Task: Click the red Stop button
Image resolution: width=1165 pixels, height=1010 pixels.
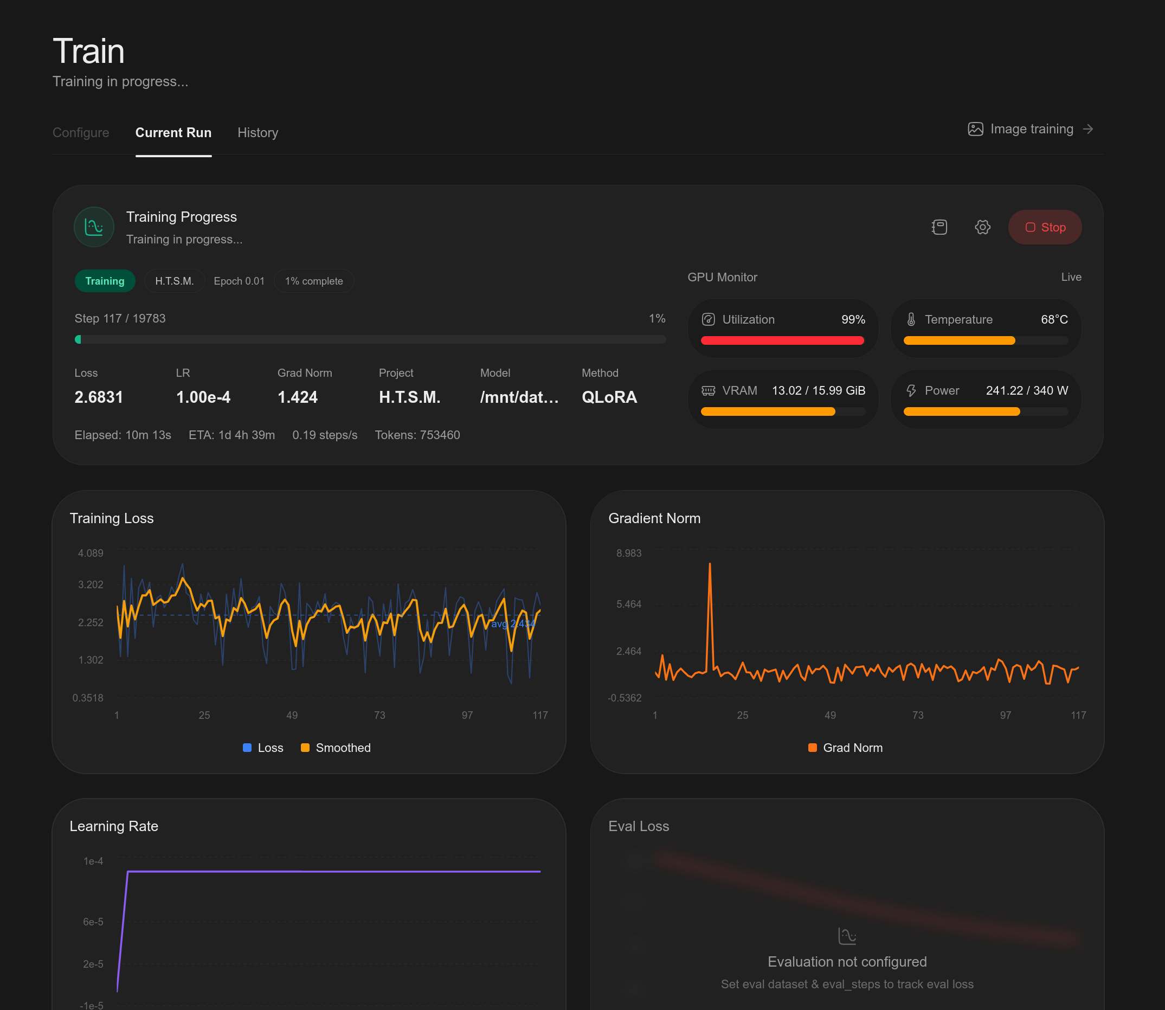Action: point(1045,227)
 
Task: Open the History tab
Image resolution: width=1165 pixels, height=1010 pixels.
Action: point(258,132)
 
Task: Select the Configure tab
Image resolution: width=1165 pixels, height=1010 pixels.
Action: point(81,132)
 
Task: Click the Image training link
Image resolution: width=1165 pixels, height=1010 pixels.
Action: point(1031,129)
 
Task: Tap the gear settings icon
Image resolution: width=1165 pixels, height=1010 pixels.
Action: point(982,227)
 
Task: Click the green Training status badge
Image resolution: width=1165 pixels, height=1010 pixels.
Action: point(105,281)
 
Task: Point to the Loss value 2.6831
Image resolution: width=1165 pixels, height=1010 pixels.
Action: point(99,397)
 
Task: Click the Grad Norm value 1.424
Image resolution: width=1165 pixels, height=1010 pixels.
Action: point(298,397)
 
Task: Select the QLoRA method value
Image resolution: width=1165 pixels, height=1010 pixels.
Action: point(609,397)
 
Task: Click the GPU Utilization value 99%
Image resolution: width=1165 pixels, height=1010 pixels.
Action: point(853,319)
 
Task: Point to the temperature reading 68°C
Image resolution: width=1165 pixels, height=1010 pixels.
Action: point(1054,319)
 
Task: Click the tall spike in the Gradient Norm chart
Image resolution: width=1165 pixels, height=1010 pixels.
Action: point(710,564)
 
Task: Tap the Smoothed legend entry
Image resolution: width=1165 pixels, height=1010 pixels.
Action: point(336,748)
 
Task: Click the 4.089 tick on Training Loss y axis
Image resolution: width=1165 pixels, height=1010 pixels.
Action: point(91,553)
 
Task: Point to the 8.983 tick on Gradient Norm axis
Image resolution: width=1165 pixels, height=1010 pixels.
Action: point(629,553)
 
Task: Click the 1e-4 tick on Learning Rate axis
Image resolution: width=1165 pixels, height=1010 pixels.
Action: point(93,861)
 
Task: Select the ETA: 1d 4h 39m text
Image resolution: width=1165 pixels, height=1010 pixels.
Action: point(231,435)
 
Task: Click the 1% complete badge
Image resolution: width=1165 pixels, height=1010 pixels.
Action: point(314,281)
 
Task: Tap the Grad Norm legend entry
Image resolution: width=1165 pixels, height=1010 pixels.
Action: point(846,748)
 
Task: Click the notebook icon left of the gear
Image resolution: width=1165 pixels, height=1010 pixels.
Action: point(939,227)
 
